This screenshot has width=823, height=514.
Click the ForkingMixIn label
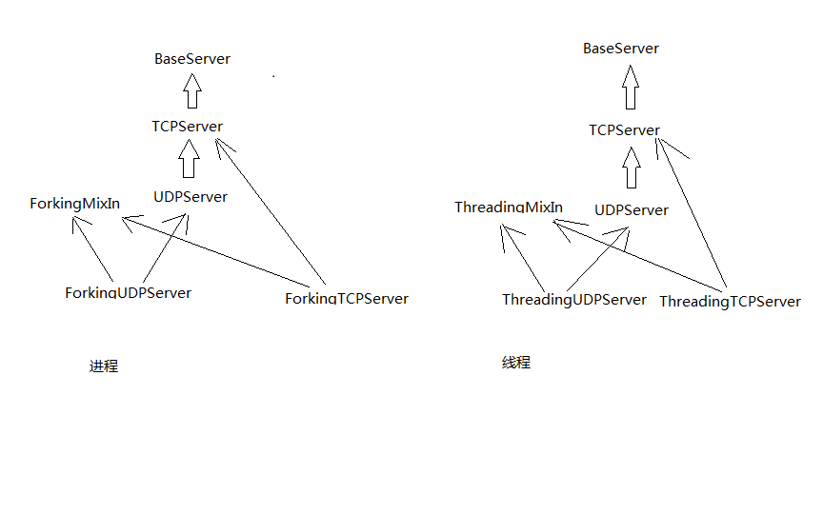74,204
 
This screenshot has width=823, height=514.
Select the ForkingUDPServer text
128,292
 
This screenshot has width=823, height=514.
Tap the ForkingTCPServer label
347,299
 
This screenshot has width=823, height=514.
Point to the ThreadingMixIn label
509,208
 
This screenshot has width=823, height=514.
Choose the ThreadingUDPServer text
574,300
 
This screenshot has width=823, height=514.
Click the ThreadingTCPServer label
730,302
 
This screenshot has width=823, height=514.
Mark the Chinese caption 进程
104,366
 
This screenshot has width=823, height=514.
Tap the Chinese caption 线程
516,363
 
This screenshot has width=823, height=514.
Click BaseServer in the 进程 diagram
192,59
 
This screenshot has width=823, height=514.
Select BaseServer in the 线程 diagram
621,49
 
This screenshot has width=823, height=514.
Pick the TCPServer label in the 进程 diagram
187,127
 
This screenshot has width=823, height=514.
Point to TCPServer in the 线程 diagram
625,130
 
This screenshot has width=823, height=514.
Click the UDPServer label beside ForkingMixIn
191,197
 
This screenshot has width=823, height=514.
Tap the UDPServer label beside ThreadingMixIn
632,210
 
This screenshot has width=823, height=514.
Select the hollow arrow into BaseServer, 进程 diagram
192,92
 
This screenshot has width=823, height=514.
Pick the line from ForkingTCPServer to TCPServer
271,212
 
